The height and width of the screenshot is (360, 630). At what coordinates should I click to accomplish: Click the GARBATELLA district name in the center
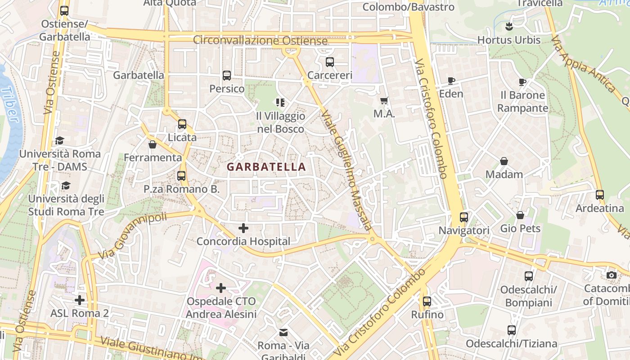click(x=266, y=167)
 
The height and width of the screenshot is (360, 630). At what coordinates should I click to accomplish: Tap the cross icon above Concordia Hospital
click(x=243, y=228)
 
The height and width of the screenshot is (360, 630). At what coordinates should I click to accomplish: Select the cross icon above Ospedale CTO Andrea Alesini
click(x=221, y=288)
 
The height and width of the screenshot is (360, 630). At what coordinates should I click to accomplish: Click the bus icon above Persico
click(x=227, y=76)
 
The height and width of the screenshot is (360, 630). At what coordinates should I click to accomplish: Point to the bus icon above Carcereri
click(x=330, y=62)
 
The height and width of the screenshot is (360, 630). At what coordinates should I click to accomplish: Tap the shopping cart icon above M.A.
click(x=384, y=101)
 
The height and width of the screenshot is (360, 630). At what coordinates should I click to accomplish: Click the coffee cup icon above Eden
click(x=451, y=81)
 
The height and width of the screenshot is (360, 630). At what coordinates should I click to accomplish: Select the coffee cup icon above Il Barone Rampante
click(x=522, y=82)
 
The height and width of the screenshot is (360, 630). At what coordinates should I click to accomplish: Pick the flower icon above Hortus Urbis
click(x=508, y=27)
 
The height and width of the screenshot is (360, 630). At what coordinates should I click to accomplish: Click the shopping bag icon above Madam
click(x=504, y=161)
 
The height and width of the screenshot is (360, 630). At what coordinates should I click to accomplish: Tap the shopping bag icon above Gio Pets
click(x=520, y=215)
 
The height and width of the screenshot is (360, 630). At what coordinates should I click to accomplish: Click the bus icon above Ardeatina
click(x=599, y=195)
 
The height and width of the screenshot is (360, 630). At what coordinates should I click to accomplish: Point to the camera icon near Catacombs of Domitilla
click(x=611, y=275)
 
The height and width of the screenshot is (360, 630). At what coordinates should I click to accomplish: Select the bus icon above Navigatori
click(x=464, y=217)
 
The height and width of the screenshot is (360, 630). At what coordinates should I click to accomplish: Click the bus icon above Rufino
click(x=427, y=301)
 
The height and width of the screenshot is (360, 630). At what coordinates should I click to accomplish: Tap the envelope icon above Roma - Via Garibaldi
click(x=283, y=333)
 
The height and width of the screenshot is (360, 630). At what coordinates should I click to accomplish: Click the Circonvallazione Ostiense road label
click(x=260, y=40)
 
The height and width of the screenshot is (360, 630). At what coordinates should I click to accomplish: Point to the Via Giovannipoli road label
click(x=132, y=236)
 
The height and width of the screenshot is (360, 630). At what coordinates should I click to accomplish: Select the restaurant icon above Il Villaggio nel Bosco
click(x=280, y=103)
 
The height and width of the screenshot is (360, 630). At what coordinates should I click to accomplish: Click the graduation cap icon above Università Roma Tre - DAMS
click(x=59, y=141)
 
